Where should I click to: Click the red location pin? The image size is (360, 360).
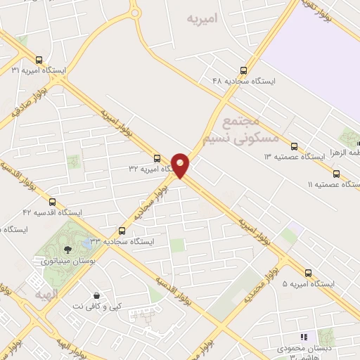[x=181, y=165]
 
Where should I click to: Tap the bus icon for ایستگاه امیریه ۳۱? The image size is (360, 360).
[x=39, y=60]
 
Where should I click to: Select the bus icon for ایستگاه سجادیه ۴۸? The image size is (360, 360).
[x=244, y=70]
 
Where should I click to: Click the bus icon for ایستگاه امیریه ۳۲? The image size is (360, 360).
[x=157, y=158]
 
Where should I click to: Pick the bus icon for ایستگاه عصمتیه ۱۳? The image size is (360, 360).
[x=294, y=146]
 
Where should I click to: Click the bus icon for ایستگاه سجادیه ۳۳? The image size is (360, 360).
[x=122, y=230]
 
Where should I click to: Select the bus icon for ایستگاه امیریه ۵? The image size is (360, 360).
[x=308, y=273]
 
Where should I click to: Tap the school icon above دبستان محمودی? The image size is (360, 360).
[x=304, y=337]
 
